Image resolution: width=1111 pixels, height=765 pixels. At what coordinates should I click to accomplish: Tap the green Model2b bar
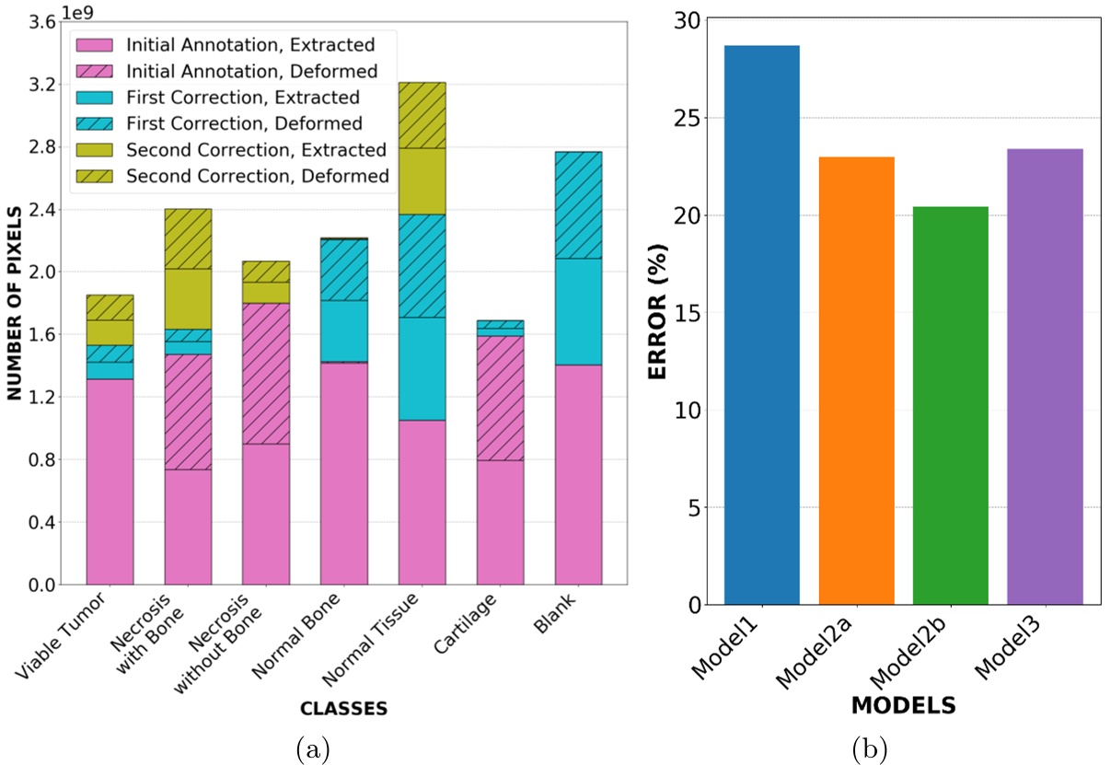950,405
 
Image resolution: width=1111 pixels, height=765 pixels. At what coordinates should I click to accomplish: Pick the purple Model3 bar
1045,377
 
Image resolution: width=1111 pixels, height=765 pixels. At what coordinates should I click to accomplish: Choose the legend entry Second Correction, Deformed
257,175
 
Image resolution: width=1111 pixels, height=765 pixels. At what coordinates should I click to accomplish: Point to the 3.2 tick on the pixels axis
40,85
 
